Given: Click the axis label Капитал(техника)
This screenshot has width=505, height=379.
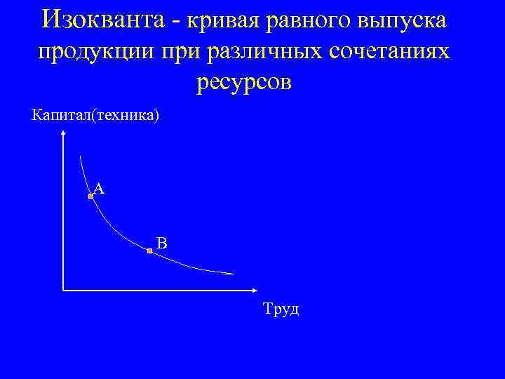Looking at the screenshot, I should pyautogui.click(x=95, y=114).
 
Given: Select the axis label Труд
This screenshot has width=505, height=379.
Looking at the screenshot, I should pyautogui.click(x=281, y=309).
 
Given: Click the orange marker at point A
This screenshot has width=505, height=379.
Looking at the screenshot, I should pyautogui.click(x=90, y=198).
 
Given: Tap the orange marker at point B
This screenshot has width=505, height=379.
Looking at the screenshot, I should pyautogui.click(x=150, y=251).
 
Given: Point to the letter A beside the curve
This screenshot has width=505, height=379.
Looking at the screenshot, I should pyautogui.click(x=99, y=188).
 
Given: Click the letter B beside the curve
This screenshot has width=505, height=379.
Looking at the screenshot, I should pyautogui.click(x=161, y=244).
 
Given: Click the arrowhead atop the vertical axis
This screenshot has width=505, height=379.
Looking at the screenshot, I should pyautogui.click(x=63, y=139).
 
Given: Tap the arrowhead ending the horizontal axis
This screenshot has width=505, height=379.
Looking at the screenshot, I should pyautogui.click(x=254, y=289).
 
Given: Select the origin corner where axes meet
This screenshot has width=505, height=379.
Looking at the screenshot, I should pyautogui.click(x=63, y=289).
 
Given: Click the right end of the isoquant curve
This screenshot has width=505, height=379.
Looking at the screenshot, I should pyautogui.click(x=234, y=273).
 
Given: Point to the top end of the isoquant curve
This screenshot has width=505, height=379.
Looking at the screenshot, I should pyautogui.click(x=81, y=157).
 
